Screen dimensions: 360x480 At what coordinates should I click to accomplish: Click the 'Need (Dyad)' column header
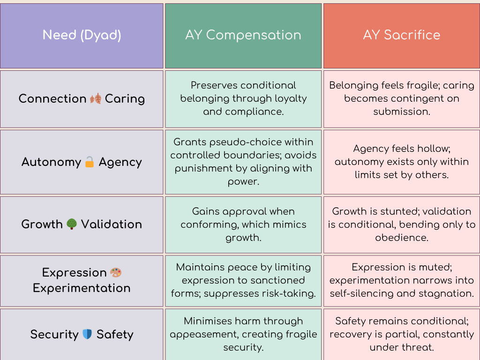(x=82, y=35)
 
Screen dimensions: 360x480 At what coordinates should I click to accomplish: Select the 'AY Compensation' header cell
(x=243, y=35)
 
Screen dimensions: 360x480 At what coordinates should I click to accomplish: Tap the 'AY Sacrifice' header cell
(x=402, y=35)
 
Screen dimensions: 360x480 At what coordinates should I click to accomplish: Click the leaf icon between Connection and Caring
(x=96, y=99)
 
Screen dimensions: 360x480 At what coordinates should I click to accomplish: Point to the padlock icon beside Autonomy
(x=90, y=163)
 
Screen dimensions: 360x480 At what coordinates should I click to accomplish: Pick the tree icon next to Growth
(x=72, y=224)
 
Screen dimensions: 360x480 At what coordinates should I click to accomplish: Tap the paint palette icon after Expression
(x=115, y=272)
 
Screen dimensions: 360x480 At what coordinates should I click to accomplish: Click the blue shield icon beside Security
(x=87, y=334)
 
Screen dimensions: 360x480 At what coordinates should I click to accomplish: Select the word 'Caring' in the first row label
(x=125, y=99)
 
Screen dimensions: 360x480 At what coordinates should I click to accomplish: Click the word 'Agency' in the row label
(x=120, y=162)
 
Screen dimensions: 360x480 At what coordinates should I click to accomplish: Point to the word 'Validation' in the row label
(x=112, y=224)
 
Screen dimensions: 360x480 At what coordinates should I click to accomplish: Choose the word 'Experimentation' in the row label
(x=82, y=288)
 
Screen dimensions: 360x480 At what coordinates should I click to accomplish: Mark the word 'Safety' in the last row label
(x=115, y=334)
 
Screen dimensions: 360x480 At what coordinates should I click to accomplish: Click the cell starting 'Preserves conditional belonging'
(x=243, y=98)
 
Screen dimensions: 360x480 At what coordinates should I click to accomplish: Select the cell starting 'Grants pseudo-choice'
(x=243, y=162)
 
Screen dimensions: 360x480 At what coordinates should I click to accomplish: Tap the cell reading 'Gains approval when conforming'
(x=243, y=224)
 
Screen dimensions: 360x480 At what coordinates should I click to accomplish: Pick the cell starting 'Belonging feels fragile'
(x=402, y=98)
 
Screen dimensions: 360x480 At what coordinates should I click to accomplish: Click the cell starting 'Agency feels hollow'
(x=402, y=162)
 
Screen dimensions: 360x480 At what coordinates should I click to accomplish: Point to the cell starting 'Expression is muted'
(x=402, y=280)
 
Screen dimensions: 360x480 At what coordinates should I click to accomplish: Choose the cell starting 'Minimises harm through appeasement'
(x=243, y=334)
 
